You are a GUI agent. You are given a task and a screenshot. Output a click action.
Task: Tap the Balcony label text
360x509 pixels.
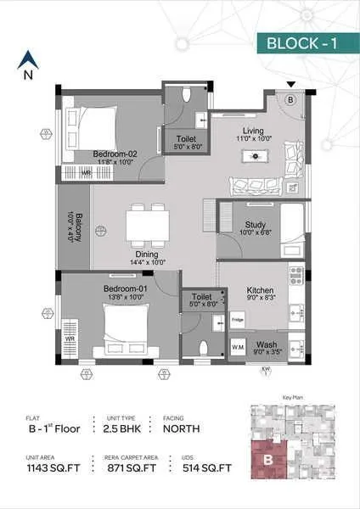(x=76, y=227)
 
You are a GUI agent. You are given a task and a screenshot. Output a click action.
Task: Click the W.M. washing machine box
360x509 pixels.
(x=239, y=348)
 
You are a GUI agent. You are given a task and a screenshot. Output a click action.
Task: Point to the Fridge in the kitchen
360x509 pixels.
(x=239, y=320)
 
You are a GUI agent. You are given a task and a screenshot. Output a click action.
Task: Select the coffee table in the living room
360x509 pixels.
(x=252, y=156)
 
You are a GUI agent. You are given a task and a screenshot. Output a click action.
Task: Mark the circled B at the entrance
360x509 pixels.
(x=290, y=99)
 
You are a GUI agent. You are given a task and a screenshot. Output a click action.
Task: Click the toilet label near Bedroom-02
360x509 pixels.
(x=188, y=141)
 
